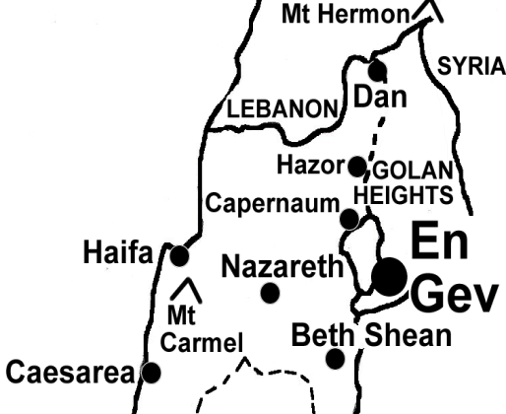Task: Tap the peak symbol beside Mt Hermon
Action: tap(426, 10)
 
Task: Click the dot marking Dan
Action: tap(376, 70)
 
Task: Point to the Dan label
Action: tap(380, 97)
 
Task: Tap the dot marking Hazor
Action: tap(356, 166)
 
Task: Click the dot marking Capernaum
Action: tap(348, 219)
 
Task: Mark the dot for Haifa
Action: tap(179, 256)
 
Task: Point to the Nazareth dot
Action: tap(270, 293)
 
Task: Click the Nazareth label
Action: tap(283, 266)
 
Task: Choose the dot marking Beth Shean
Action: tap(336, 358)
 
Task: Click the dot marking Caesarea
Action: tap(152, 373)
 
